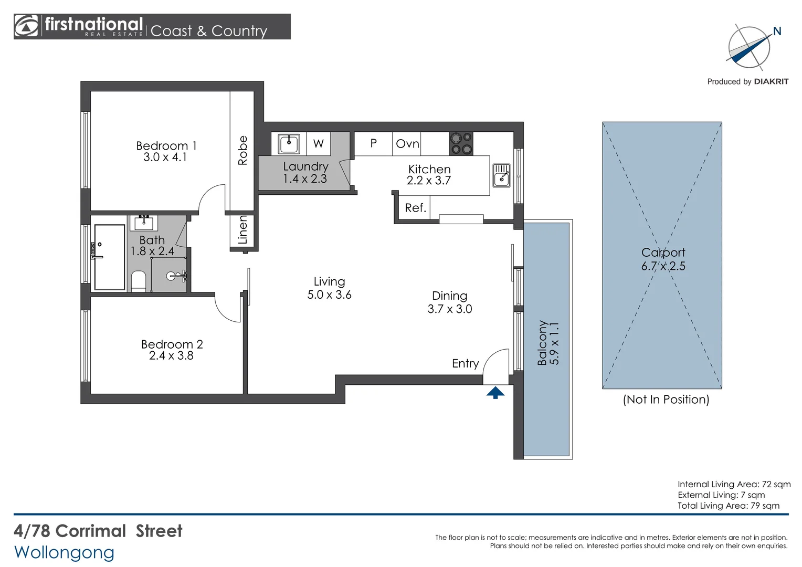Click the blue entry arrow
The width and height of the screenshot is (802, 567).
tap(495, 393)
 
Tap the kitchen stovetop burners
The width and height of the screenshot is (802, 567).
tap(461, 144)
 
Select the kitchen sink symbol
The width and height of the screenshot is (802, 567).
tap(501, 175)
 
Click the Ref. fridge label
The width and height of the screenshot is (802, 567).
tap(415, 208)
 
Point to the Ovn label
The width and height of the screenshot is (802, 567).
tap(407, 144)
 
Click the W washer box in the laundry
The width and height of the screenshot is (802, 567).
tap(318, 144)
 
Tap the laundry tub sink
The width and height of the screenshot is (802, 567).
tap(289, 144)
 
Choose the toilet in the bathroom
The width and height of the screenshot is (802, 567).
tap(139, 281)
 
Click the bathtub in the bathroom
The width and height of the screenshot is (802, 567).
tap(109, 257)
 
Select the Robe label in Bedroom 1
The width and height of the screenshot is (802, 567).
tap(242, 151)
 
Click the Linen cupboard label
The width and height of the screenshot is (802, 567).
tap(242, 230)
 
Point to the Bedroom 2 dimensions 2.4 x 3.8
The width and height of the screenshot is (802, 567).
tap(171, 355)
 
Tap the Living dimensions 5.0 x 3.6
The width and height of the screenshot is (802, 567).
tap(330, 295)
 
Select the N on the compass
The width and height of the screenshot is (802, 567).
tap(777, 31)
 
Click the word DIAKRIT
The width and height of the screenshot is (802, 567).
tap(771, 82)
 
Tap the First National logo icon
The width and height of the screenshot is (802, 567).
tap(26, 26)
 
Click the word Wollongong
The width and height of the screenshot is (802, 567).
tap(64, 553)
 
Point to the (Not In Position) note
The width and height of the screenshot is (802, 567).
tap(666, 400)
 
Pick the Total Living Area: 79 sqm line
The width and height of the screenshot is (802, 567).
tap(728, 506)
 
